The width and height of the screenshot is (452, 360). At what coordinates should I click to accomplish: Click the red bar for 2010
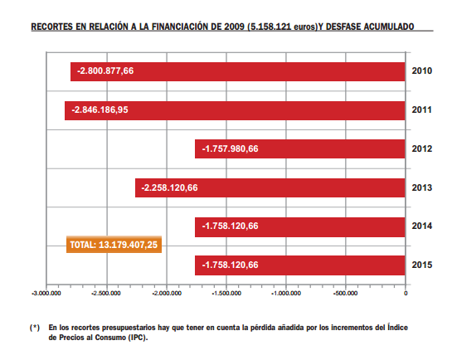pos(238,71)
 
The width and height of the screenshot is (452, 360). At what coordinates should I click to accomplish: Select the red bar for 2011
pos(235,110)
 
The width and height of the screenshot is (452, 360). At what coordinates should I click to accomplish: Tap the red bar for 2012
pos(300,149)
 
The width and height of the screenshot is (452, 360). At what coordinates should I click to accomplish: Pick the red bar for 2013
pos(270,188)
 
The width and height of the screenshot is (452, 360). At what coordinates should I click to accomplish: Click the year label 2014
pos(422,226)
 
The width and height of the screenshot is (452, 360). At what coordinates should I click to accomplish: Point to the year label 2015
pos(422,265)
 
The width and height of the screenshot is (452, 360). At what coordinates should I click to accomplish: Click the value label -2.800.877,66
pos(105,71)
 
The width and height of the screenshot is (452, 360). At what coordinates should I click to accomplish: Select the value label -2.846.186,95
pos(100,109)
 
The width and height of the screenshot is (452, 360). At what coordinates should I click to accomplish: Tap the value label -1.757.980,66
pos(230,148)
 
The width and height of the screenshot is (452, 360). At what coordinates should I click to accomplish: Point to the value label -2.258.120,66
pos(169,188)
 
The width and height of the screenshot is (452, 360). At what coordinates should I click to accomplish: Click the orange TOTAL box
pos(114,245)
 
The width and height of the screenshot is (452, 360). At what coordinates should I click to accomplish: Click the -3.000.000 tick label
pos(46,294)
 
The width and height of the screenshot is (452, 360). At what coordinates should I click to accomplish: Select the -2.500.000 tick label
pos(106,294)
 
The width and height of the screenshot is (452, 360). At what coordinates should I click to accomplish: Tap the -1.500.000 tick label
pos(226,294)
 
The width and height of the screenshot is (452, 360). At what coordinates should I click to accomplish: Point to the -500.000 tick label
pos(345,294)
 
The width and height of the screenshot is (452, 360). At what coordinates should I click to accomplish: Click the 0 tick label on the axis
pos(406,294)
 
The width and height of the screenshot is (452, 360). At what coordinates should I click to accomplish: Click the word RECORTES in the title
pos(51,27)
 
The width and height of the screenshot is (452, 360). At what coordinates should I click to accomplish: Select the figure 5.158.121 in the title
pos(270,27)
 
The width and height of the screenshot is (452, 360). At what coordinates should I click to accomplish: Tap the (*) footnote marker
pos(35,328)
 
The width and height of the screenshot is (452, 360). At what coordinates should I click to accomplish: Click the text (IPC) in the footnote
pos(138,338)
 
